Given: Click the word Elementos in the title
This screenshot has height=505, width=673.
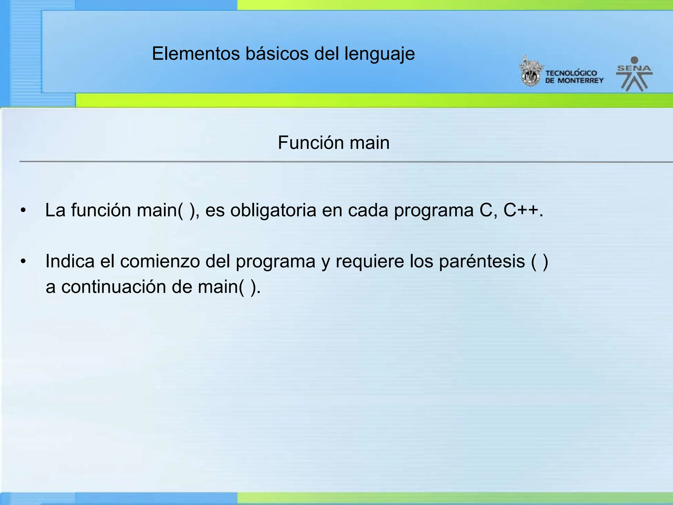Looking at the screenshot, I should click(196, 54).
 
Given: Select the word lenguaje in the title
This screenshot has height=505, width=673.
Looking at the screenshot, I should click(380, 54).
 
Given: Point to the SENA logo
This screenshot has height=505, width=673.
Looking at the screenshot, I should click(634, 74).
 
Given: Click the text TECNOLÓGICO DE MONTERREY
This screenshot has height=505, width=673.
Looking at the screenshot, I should click(574, 77).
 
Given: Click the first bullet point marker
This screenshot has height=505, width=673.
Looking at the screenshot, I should click(23, 210).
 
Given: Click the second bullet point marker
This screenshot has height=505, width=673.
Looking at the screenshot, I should click(23, 262).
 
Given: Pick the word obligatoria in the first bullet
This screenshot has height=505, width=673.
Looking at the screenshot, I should click(273, 210).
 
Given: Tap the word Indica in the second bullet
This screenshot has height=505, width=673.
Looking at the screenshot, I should click(70, 261).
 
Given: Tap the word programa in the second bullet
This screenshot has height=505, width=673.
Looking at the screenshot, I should click(275, 262).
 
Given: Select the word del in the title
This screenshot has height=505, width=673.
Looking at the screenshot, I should click(327, 54).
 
